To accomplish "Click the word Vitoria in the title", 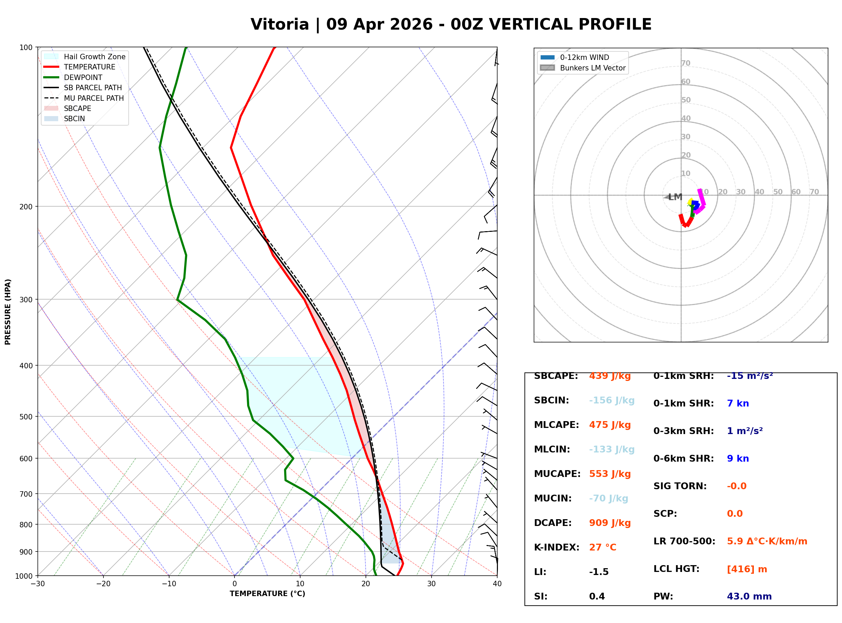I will coord(279,25).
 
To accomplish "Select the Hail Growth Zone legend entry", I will coord(94,57).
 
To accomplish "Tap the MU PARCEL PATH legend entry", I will coord(94,98).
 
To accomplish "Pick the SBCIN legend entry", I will coord(74,119).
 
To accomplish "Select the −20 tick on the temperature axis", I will coord(103,584).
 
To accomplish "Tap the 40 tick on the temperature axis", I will coord(497,584).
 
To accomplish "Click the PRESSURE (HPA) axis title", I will coord(8,312).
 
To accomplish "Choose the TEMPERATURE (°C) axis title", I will coord(267,594).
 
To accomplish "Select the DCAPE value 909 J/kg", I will coord(610,523).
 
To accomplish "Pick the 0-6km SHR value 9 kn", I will coord(738,459).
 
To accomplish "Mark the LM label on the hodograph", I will coord(675,197).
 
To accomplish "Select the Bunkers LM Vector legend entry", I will coord(593,68).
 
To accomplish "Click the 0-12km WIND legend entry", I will coord(584,57).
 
